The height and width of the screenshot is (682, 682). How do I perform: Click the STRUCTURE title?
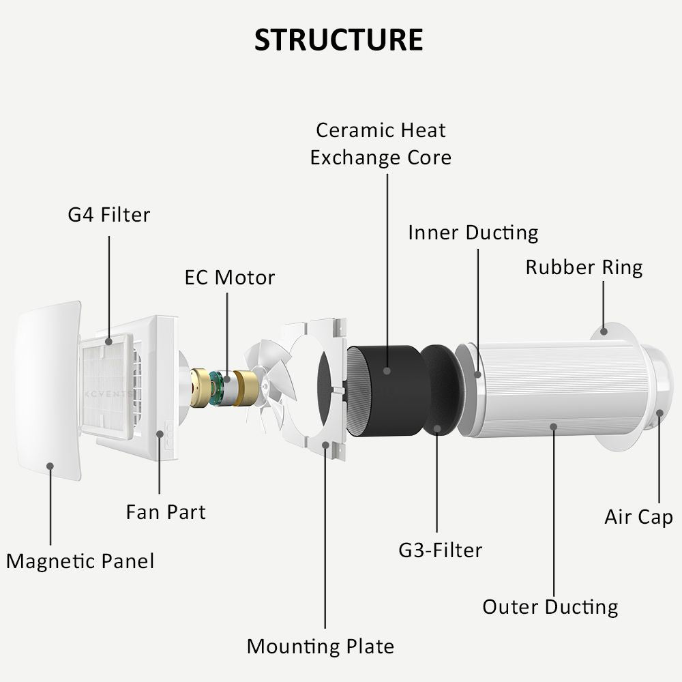(338, 40)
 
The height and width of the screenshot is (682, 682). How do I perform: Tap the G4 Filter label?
(108, 215)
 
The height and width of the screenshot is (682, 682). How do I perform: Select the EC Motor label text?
(230, 278)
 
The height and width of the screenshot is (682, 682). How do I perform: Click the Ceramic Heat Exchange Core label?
(381, 144)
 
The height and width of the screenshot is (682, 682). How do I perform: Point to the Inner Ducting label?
(473, 233)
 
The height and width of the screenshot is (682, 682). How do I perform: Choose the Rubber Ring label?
(584, 268)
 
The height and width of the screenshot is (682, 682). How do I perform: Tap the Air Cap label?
(638, 517)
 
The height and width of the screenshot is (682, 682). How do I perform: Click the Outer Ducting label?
(550, 607)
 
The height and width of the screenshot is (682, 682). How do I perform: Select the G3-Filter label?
(440, 550)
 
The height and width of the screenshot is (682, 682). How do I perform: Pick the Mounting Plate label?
(321, 647)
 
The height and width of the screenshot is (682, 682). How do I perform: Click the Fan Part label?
(166, 512)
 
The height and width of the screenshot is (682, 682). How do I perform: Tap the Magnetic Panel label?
(80, 561)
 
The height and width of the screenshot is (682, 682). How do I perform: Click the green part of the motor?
(216, 387)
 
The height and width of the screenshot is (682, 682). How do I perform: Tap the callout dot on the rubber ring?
(604, 331)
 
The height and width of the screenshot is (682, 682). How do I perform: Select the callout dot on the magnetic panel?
(50, 466)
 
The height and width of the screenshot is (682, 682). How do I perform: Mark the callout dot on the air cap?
(659, 413)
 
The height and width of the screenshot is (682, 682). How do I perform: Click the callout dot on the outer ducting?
(553, 427)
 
